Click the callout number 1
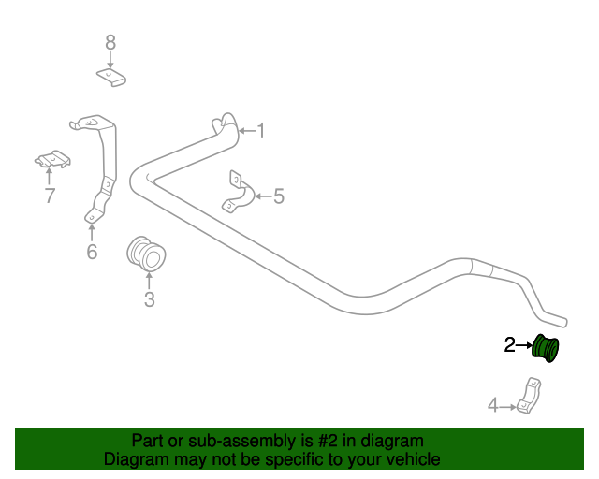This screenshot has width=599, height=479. pos(261,131)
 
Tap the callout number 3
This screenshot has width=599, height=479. pos(149,299)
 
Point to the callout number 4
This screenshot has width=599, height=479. pos(493,405)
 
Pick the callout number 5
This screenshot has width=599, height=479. pos(278,196)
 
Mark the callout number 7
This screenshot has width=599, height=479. pos(49,196)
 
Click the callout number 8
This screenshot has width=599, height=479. pos(110,42)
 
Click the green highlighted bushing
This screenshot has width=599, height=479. pos(546,347)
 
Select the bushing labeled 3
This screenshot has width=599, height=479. pos(146,254)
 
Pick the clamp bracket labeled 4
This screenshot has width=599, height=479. pos(530,397)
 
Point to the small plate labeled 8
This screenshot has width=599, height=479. pos(111,77)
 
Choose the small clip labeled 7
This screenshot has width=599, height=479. pos(52,161)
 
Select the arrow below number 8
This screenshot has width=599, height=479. pos(110,59)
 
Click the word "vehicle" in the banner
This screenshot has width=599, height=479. pos(410,459)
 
